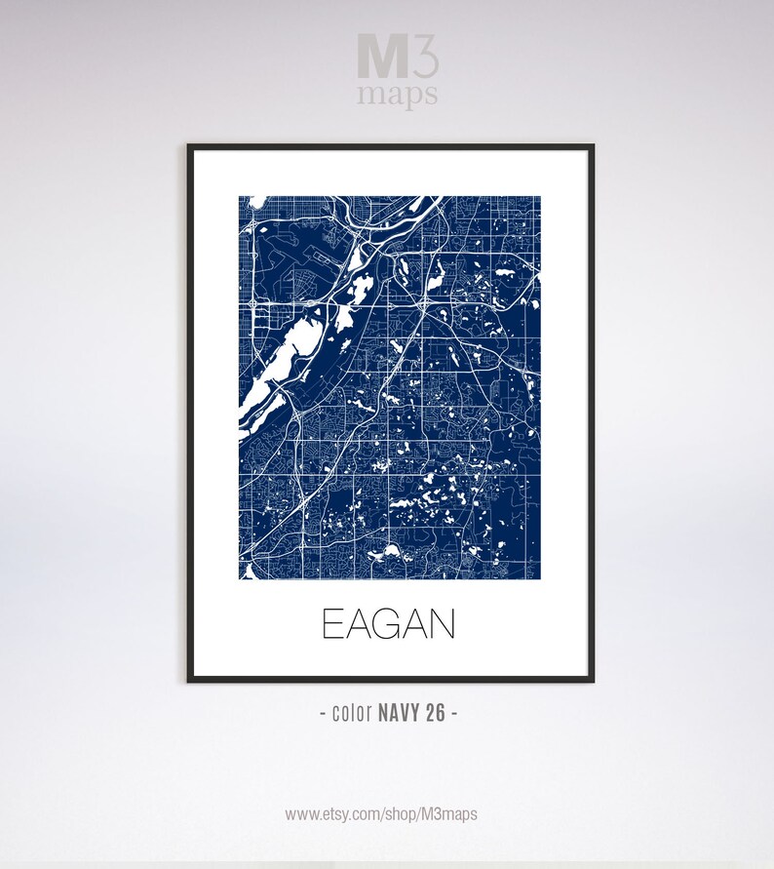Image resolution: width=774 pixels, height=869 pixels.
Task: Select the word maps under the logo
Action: pyautogui.click(x=397, y=96)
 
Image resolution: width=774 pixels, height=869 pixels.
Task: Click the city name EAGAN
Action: pyautogui.click(x=388, y=624)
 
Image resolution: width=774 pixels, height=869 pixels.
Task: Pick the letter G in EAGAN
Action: pyautogui.click(x=387, y=624)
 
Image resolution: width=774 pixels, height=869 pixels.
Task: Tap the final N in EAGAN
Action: pyautogui.click(x=444, y=624)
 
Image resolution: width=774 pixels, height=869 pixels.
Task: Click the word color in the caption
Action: pyautogui.click(x=352, y=713)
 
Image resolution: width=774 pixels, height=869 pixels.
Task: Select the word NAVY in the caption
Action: pyautogui.click(x=397, y=713)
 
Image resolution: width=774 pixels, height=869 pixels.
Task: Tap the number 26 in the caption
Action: pyautogui.click(x=435, y=713)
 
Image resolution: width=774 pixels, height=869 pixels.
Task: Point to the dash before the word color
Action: pyautogui.click(x=324, y=714)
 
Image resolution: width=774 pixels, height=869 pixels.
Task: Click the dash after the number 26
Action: pyautogui.click(x=454, y=714)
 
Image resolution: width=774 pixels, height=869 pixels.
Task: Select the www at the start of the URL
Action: pyautogui.click(x=301, y=813)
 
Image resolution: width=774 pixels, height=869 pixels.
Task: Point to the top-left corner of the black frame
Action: pyautogui.click(x=189, y=146)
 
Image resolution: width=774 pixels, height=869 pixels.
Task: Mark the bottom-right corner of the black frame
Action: pyautogui.click(x=592, y=680)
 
